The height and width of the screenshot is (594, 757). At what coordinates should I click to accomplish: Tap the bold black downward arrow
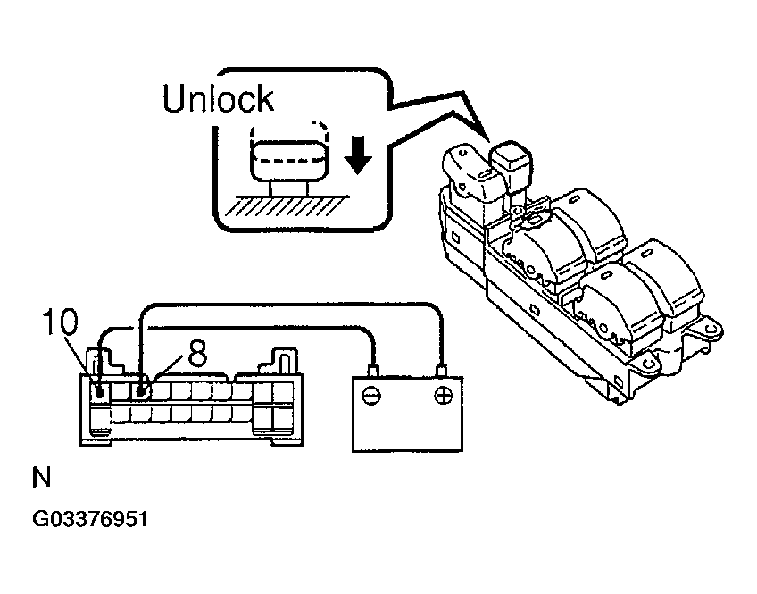point(358,155)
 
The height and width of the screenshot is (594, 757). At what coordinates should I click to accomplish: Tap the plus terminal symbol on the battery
point(441,395)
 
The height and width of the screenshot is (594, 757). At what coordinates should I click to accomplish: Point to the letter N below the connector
point(41,478)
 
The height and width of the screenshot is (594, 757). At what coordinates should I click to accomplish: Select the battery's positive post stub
point(441,369)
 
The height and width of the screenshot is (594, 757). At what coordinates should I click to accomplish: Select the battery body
point(407,415)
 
